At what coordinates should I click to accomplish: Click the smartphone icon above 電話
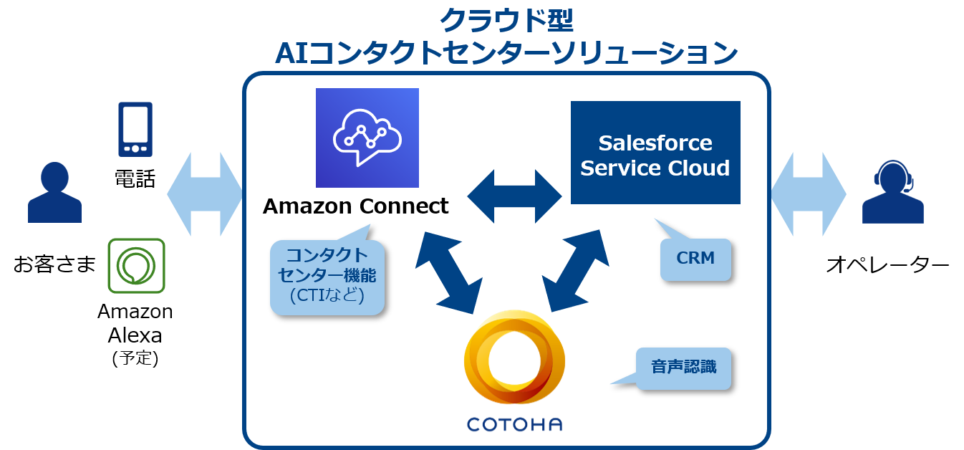pyautogui.click(x=135, y=130)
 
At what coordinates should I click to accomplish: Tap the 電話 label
pyautogui.click(x=135, y=178)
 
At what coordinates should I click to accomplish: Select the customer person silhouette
pyautogui.click(x=54, y=193)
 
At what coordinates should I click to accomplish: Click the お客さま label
pyautogui.click(x=54, y=264)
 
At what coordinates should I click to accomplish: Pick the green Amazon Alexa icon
pyautogui.click(x=136, y=266)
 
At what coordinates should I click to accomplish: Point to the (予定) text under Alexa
pyautogui.click(x=135, y=358)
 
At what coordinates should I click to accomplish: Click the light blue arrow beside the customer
pyautogui.click(x=205, y=194)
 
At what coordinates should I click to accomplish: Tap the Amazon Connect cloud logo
pyautogui.click(x=367, y=138)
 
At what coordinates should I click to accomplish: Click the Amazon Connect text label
pyautogui.click(x=355, y=206)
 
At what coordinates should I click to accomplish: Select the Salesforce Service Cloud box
pyautogui.click(x=655, y=153)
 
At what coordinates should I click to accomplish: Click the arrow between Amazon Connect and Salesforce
pyautogui.click(x=514, y=196)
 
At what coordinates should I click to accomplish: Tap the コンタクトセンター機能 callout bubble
pyautogui.click(x=327, y=277)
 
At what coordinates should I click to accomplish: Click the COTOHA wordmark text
pyautogui.click(x=515, y=425)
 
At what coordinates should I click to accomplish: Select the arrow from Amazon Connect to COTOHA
pyautogui.click(x=449, y=273)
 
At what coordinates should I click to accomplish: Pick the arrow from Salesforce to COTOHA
pyautogui.click(x=575, y=271)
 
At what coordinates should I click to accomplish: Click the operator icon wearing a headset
pyautogui.click(x=893, y=192)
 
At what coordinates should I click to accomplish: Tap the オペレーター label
pyautogui.click(x=887, y=264)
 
